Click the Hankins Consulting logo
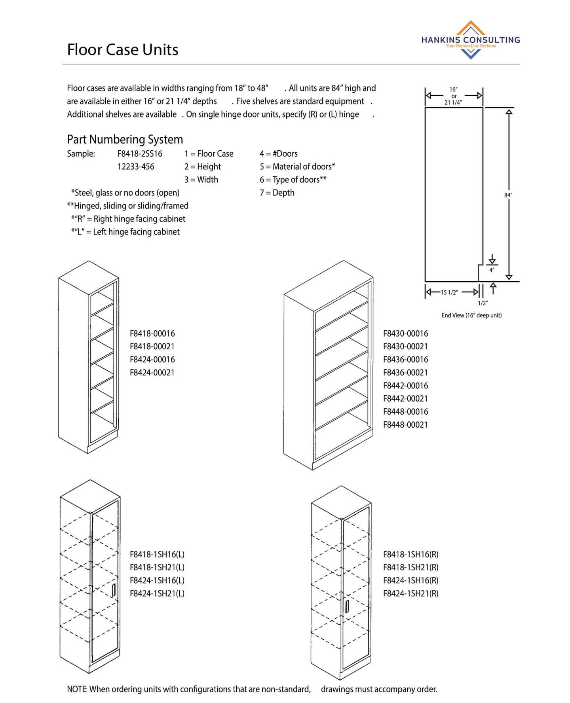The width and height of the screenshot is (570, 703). [x=470, y=40]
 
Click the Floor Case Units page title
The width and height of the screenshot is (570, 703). [x=122, y=50]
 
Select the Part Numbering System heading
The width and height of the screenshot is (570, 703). [x=125, y=139]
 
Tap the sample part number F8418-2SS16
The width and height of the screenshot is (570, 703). [x=139, y=153]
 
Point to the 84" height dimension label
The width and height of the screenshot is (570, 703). [x=508, y=195]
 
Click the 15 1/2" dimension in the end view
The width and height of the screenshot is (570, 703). [x=449, y=292]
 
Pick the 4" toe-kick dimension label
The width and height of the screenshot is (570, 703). [x=492, y=270]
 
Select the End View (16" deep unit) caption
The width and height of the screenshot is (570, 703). [x=471, y=315]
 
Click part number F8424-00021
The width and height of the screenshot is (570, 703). [x=152, y=372]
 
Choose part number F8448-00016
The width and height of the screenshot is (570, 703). [x=405, y=411]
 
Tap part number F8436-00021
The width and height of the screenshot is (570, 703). [x=405, y=372]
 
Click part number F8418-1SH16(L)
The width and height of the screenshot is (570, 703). [x=157, y=554]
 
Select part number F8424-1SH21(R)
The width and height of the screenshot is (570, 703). [x=410, y=593]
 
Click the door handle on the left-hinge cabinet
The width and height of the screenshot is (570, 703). [x=114, y=590]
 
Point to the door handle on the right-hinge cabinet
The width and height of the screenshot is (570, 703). [x=347, y=606]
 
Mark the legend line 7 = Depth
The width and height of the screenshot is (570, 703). [x=277, y=193]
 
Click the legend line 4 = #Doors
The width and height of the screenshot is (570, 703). [x=278, y=153]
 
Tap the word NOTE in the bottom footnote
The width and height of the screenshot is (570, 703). [x=77, y=689]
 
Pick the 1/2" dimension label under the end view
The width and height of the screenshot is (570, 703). [x=483, y=303]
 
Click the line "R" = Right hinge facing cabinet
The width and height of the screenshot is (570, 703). [x=128, y=219]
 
